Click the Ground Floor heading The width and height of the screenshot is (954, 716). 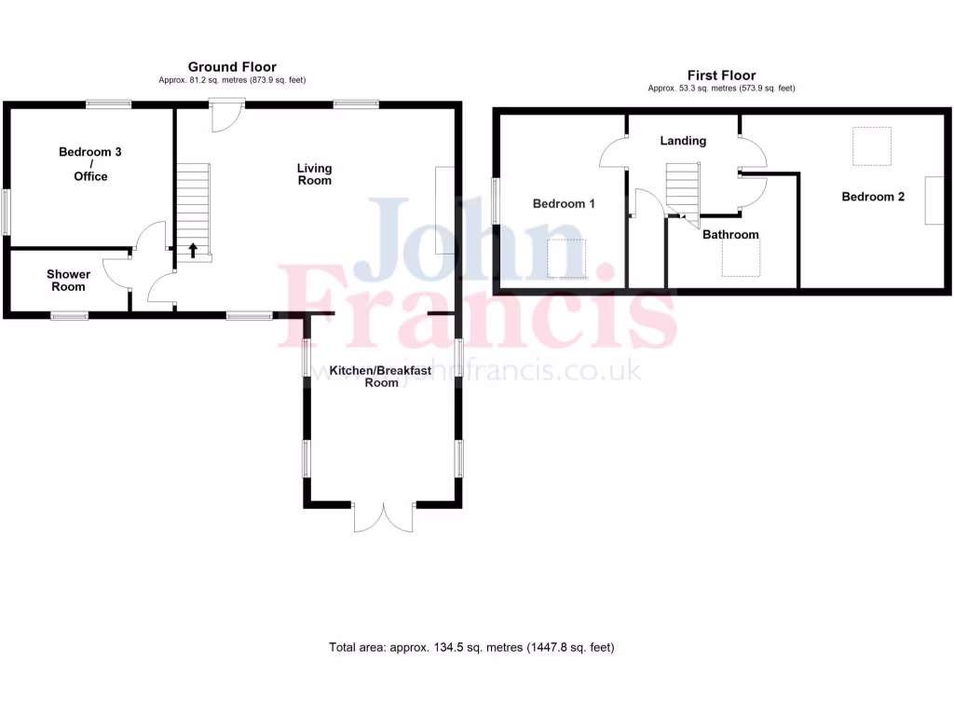tap(232, 67)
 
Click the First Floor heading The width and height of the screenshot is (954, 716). tap(721, 76)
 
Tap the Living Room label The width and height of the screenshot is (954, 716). tap(315, 174)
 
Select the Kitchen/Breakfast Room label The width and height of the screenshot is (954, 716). tap(380, 376)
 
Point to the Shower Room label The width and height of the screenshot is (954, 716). tap(69, 281)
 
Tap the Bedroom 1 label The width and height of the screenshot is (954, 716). tap(564, 203)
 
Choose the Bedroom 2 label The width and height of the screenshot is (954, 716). tap(873, 197)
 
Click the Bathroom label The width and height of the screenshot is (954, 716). tap(730, 235)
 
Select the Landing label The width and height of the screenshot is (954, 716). tap(683, 141)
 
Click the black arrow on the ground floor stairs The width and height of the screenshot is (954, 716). tap(194, 250)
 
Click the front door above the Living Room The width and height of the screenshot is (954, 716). tap(225, 116)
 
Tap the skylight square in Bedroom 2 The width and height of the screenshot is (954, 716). tap(872, 145)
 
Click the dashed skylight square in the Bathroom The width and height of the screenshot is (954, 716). tap(742, 258)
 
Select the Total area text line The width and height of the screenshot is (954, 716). tap(471, 647)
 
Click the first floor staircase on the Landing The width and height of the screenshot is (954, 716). tap(682, 187)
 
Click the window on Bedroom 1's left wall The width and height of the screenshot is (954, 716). tap(495, 200)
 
